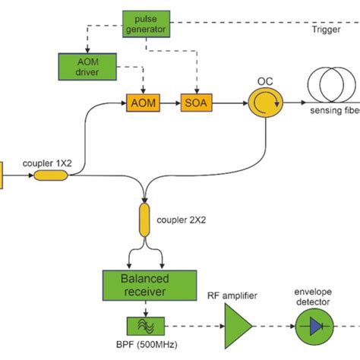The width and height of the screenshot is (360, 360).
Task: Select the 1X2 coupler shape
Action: coord(51,175)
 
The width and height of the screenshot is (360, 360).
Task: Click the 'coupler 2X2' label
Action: coord(182,221)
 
